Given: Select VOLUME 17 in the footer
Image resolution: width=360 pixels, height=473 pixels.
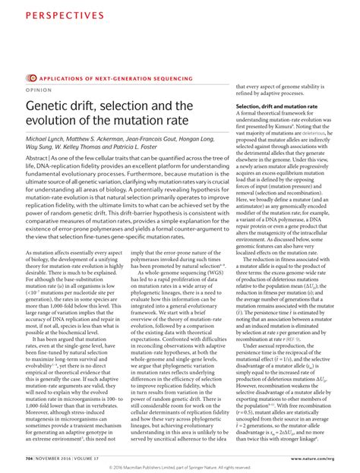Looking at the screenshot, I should [95, 458].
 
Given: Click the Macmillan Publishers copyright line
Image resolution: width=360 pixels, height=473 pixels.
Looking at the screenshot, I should [179, 466].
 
